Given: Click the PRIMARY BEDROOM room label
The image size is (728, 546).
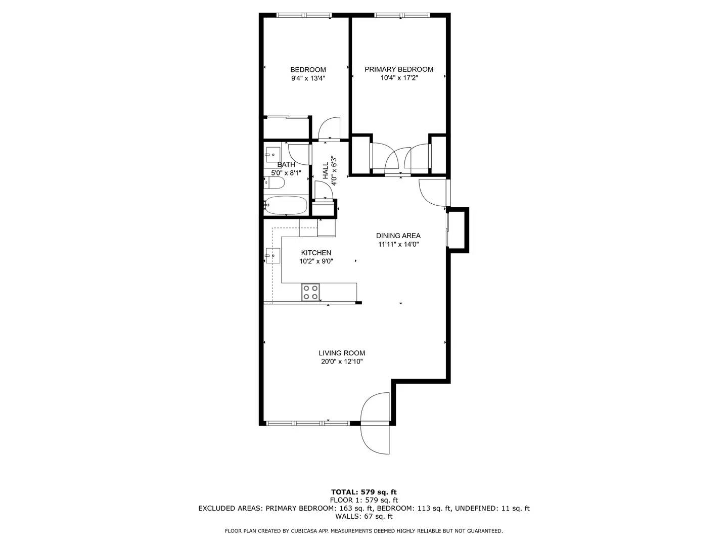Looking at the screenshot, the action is (x=399, y=69).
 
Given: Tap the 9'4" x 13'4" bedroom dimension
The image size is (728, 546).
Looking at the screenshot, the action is (x=308, y=78).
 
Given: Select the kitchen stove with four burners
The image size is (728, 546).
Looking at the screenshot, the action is (x=310, y=292).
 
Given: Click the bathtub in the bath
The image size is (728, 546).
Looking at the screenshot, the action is (x=286, y=206).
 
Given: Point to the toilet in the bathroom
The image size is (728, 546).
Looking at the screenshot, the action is (x=274, y=183).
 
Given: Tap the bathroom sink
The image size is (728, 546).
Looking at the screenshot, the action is (x=272, y=155).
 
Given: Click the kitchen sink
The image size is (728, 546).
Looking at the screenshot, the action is (x=272, y=256).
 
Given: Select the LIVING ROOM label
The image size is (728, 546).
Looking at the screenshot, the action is (x=342, y=353).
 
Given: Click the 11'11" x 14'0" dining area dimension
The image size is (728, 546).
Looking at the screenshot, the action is (x=398, y=244).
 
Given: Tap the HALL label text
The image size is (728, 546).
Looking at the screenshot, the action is (x=326, y=170).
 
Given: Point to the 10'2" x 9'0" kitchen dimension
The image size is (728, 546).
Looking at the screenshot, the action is (x=316, y=261).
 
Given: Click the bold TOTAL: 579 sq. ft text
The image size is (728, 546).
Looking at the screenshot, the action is (x=364, y=492).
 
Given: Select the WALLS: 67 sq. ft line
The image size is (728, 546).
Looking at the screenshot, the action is (x=364, y=516).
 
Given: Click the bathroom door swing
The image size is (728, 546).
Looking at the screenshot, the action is (x=299, y=155).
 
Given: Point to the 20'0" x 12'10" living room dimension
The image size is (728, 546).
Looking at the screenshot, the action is (x=342, y=361).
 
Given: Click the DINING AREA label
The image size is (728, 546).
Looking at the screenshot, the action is (x=398, y=236).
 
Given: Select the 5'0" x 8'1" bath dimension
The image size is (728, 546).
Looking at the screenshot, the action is (x=286, y=173).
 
